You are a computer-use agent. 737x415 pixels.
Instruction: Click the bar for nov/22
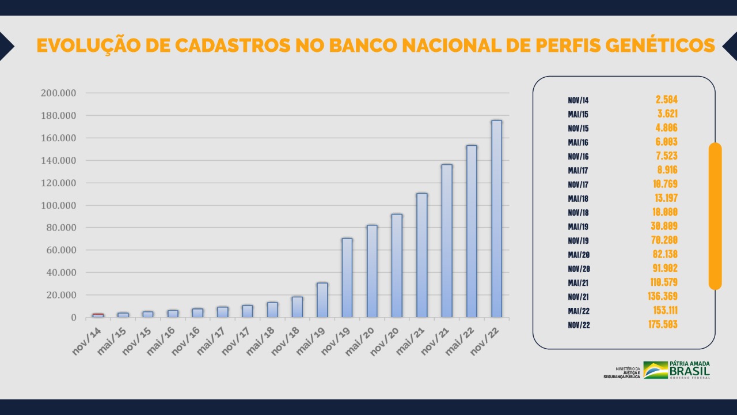(x=496, y=219)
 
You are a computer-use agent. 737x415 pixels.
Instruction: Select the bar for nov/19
(x=347, y=278)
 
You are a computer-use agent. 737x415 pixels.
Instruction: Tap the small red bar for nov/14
(x=98, y=315)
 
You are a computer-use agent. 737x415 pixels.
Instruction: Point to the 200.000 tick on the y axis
(x=58, y=93)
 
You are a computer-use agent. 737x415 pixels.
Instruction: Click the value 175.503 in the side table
(x=663, y=325)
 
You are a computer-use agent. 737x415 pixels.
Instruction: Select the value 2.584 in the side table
(x=667, y=100)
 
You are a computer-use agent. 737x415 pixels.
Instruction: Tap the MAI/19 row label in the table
(x=578, y=227)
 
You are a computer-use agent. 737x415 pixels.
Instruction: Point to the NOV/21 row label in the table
(x=578, y=297)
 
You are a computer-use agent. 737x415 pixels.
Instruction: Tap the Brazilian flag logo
(x=655, y=370)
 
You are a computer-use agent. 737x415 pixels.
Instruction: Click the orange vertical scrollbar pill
(x=715, y=216)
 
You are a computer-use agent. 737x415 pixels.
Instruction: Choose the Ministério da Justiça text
(x=622, y=372)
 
